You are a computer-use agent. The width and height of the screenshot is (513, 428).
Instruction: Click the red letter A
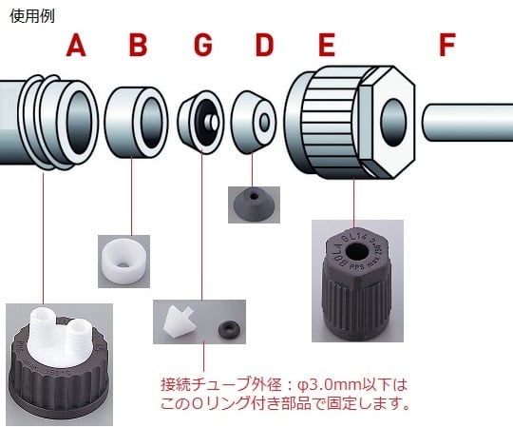76,45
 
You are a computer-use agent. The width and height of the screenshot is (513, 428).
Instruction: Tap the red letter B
139,45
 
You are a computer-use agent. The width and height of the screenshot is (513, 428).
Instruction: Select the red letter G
203,45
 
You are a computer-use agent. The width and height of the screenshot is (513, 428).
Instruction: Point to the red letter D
264,45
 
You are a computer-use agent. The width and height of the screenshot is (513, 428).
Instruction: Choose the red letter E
326,45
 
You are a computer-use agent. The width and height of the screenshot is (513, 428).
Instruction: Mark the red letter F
447,45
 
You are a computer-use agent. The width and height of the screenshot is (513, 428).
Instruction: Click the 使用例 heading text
31,16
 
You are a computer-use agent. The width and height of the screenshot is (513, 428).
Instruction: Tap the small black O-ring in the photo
228,328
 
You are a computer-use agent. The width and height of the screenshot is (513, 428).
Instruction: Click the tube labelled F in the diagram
465,121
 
